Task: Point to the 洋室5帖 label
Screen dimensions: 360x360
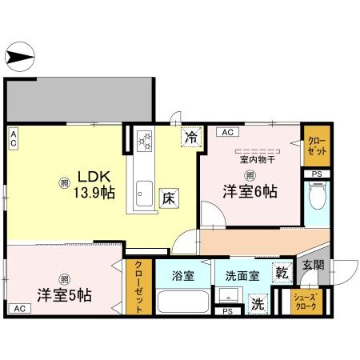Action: click(63, 294)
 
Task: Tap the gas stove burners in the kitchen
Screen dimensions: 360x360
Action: click(145, 141)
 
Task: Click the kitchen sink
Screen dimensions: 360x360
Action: click(145, 193)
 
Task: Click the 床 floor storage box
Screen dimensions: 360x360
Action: click(168, 197)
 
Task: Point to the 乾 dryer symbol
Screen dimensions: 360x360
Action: click(281, 273)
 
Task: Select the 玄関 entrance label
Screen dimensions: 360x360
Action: click(313, 265)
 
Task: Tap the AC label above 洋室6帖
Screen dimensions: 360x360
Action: click(226, 132)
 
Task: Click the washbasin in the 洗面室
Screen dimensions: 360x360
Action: click(226, 297)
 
